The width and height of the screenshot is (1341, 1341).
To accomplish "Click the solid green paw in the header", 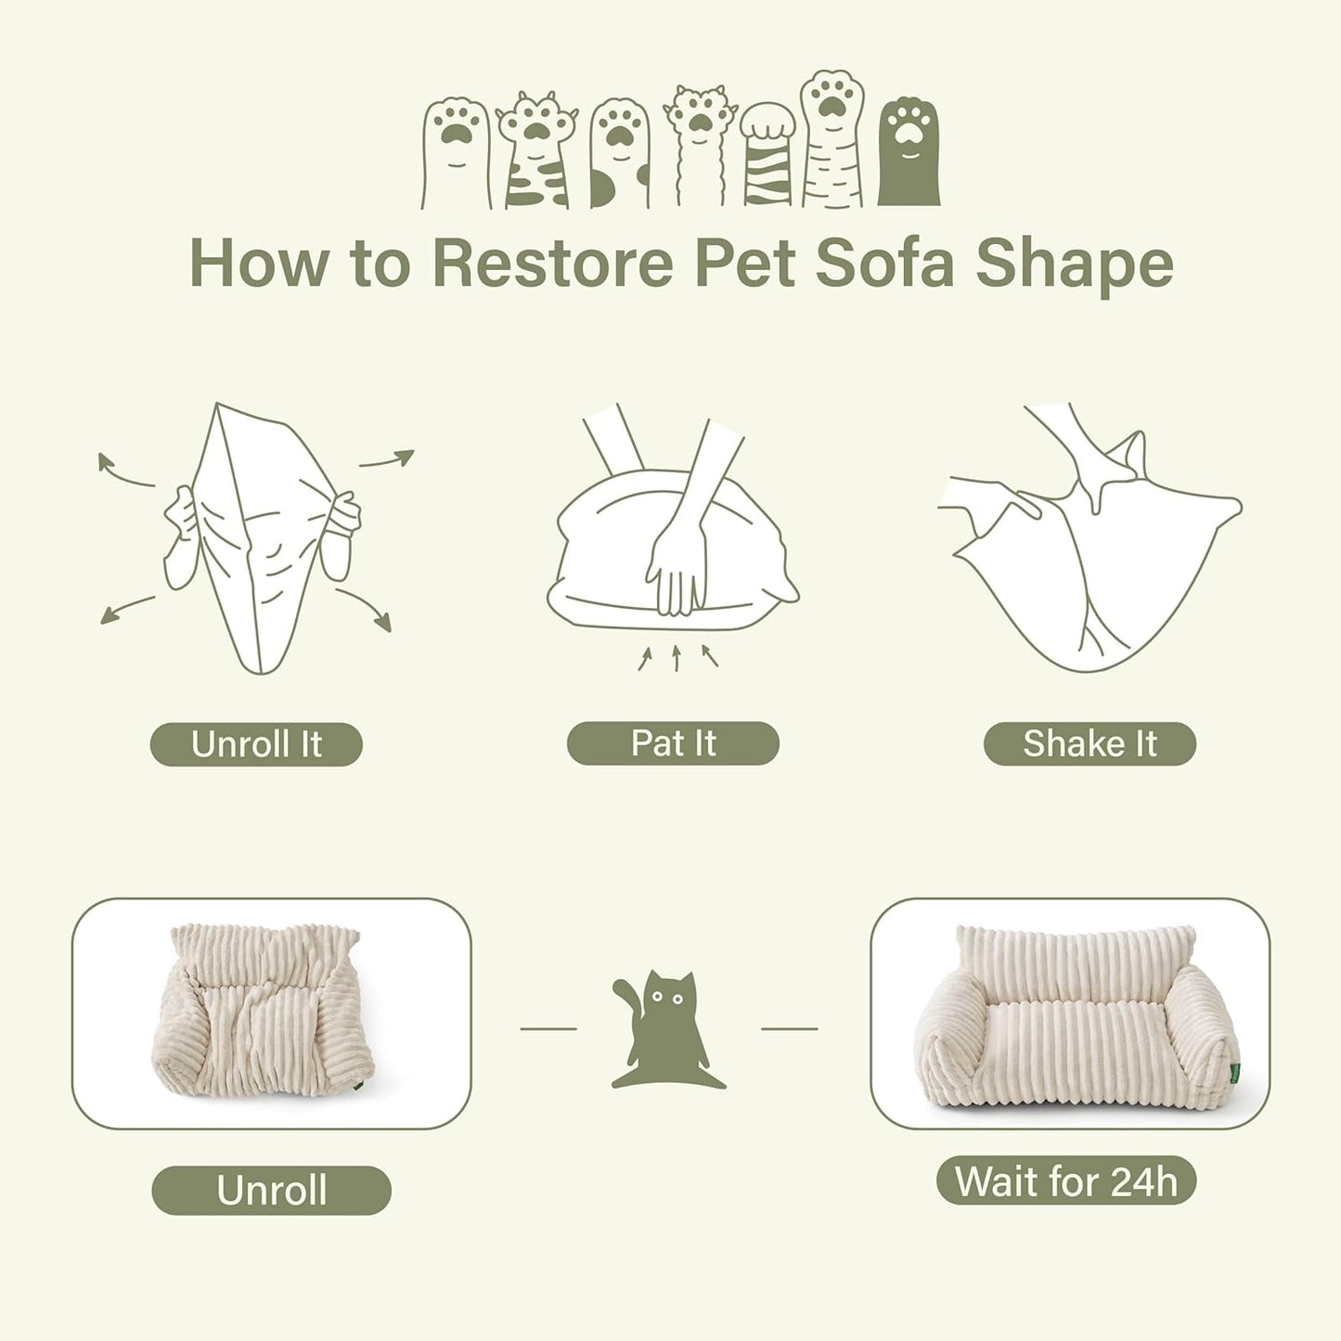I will coord(909,153).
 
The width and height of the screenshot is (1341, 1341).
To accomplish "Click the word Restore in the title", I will coord(552,264).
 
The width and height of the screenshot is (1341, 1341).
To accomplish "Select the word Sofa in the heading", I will coord(884,264).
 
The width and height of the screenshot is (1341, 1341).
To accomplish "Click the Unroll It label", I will coord(256,744).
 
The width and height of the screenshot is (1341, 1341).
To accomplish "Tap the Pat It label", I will coord(673,743).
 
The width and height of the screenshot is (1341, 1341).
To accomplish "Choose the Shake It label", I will coord(1090,743).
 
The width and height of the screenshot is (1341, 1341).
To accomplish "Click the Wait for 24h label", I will coord(1066,1181).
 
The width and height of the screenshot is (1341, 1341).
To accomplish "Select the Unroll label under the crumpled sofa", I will coord(271,1191).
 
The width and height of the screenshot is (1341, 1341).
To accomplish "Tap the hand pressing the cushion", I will coord(677,566).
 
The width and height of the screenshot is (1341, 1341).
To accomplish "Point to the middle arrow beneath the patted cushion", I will coord(677,657).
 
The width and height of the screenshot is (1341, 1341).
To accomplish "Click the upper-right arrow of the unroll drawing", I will coord(387,458).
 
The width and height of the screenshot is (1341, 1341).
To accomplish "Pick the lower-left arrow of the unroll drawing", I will coord(126,610).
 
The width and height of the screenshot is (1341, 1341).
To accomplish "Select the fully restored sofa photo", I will coord(1069,1013).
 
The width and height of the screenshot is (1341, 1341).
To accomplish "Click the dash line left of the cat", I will coord(548,1028).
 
